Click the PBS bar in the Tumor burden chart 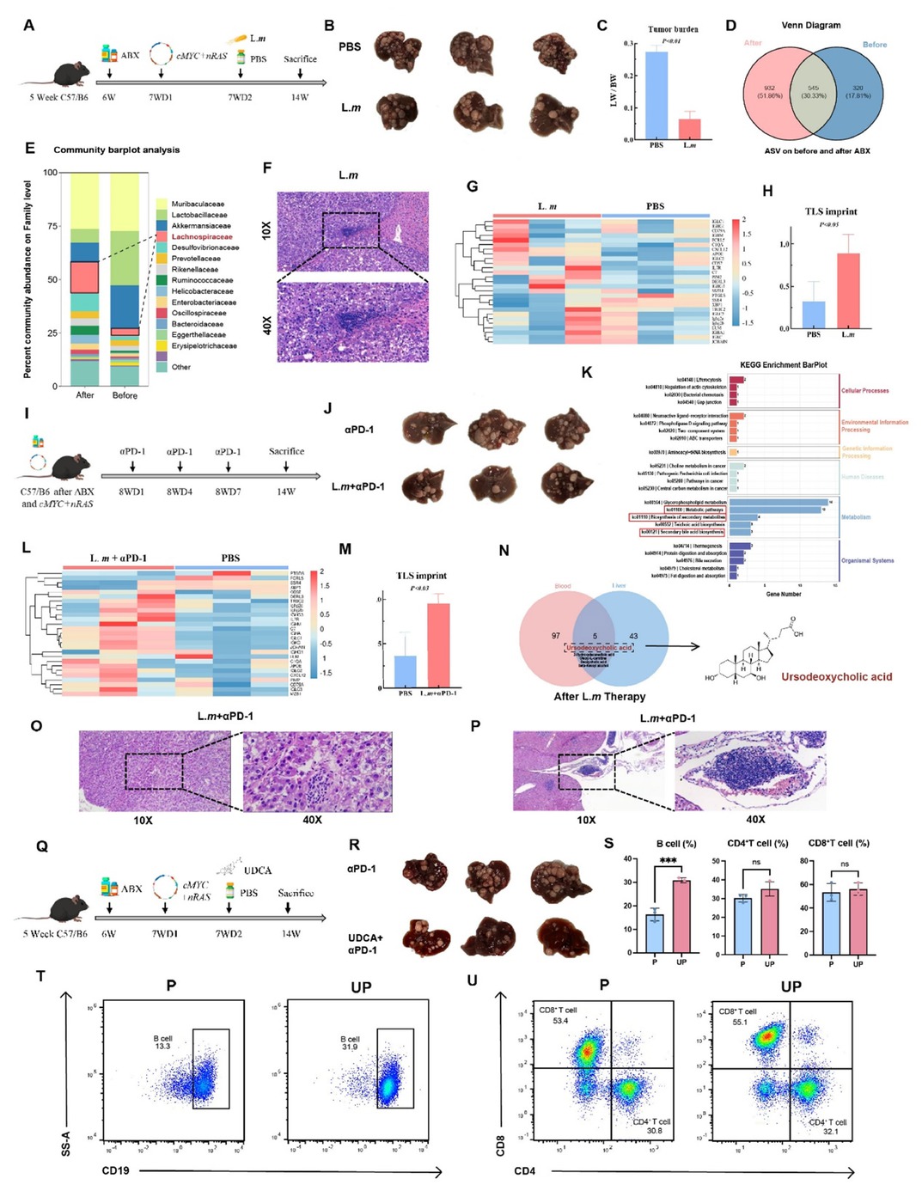656,95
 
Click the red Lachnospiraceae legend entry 201,236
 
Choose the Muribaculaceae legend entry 198,204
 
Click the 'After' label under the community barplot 85,395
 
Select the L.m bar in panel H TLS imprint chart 849,290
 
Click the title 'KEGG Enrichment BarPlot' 783,364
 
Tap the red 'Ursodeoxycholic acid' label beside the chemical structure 836,676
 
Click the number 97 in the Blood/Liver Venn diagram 556,636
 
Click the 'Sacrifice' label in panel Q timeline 296,893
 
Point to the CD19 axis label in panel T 116,1170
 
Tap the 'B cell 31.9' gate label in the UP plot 351,1042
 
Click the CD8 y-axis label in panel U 501,1145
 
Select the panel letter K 588,372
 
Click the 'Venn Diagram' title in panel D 810,25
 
